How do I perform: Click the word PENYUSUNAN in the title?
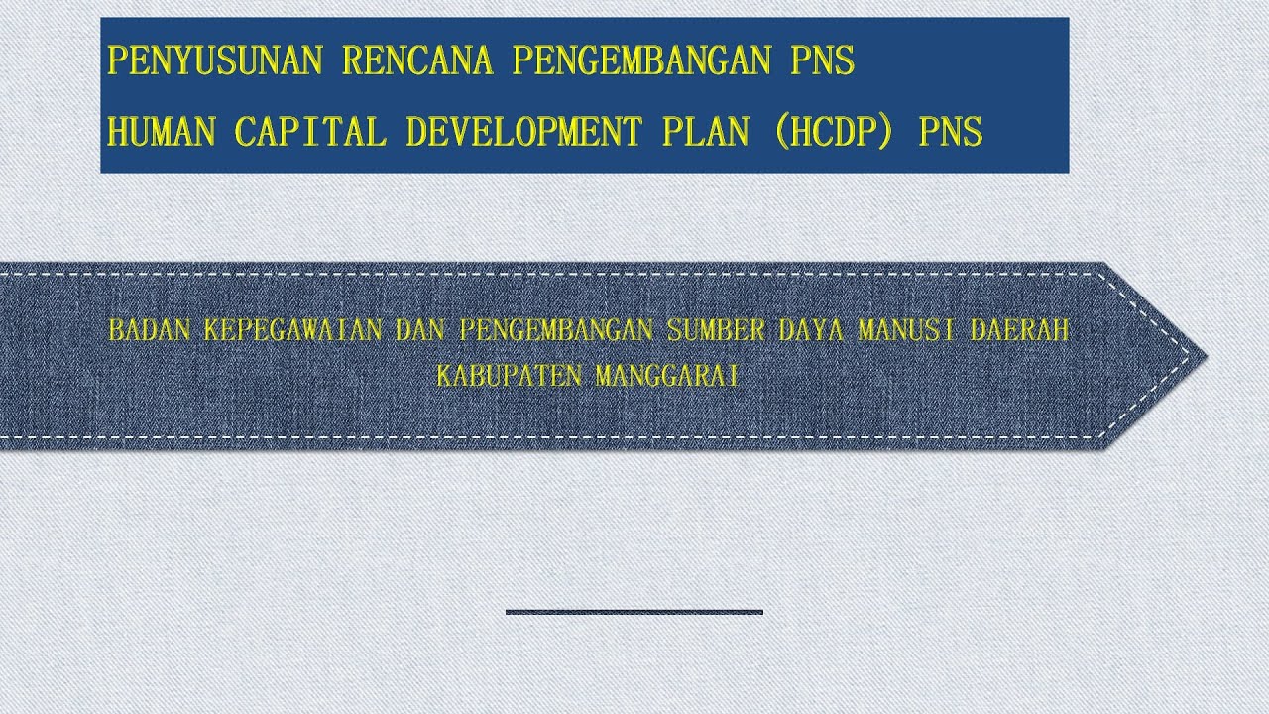tap(214, 61)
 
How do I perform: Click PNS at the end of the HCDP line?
tap(951, 131)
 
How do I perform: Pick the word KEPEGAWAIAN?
tap(292, 331)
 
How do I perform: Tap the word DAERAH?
tap(1020, 331)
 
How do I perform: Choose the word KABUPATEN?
tap(511, 377)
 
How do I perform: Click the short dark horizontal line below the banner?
tap(634, 612)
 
